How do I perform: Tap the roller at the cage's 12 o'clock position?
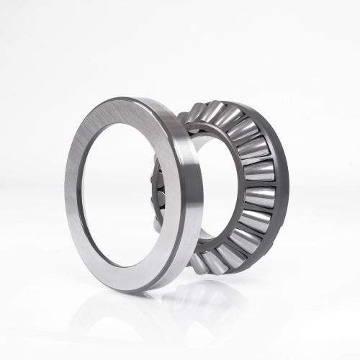point(216,113)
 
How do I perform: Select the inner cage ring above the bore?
point(212,133)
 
